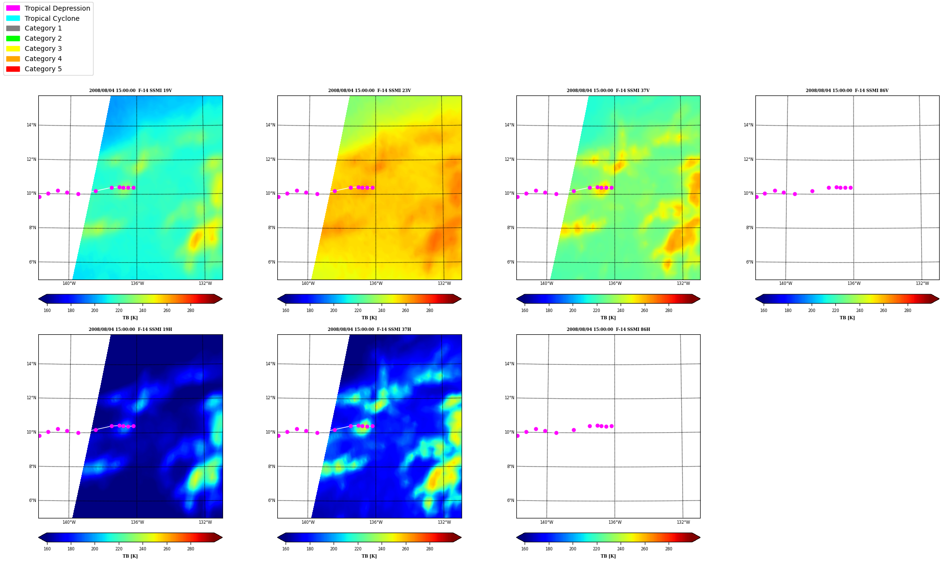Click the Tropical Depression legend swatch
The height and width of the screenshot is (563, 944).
click(x=13, y=8)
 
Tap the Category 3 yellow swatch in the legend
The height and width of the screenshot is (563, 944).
click(x=13, y=48)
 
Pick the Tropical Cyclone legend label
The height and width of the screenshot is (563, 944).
click(x=52, y=18)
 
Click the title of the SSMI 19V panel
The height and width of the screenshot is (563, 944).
click(x=130, y=91)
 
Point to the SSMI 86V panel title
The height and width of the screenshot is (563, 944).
click(x=847, y=91)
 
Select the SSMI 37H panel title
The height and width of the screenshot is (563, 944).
click(x=369, y=329)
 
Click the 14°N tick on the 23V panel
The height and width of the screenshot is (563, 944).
click(x=270, y=125)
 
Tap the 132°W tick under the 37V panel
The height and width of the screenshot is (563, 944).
click(x=683, y=283)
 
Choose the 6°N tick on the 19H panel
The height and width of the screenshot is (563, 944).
click(x=32, y=500)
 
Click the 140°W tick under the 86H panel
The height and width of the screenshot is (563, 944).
click(x=546, y=522)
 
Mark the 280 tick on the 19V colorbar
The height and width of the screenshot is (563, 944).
click(x=191, y=311)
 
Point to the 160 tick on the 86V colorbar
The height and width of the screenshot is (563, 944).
click(x=764, y=311)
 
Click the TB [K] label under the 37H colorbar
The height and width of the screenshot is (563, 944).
click(x=369, y=556)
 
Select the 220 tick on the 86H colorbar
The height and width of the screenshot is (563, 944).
click(x=596, y=549)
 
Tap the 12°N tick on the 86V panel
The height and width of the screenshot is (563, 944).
click(x=748, y=159)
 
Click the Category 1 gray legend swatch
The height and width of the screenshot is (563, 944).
click(x=13, y=29)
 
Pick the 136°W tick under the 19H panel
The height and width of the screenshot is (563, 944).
click(x=137, y=522)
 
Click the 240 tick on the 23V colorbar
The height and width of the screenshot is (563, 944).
click(x=382, y=311)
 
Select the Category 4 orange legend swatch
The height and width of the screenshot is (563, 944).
click(x=13, y=59)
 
